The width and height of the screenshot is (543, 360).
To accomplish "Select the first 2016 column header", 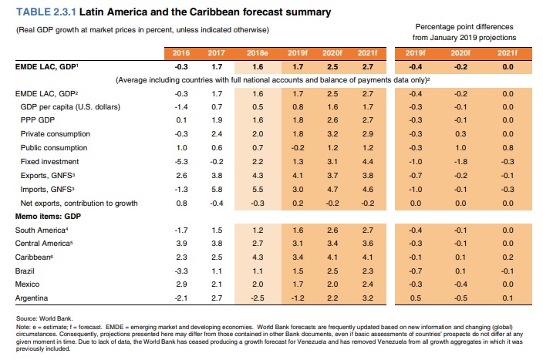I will coord(181,52).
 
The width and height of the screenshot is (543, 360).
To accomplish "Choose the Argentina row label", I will coord(32,297).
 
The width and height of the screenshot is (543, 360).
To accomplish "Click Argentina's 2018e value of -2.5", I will coord(258,297).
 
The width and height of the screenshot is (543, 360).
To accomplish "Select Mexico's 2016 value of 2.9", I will coord(182,284).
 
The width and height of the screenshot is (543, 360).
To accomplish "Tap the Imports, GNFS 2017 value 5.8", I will coord(217,188).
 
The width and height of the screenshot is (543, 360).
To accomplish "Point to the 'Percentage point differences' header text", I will coord(464,26).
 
